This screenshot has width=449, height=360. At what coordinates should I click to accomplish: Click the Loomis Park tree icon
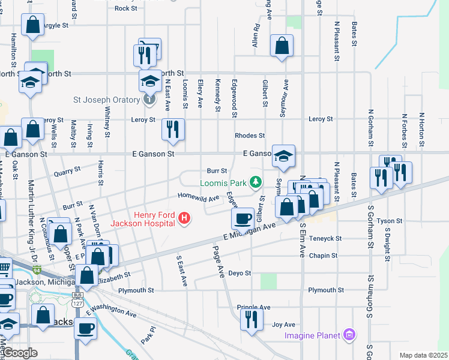(256, 181)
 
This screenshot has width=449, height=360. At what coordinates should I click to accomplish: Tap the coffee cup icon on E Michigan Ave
(243, 218)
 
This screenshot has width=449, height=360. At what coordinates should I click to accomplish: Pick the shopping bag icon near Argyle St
(32, 25)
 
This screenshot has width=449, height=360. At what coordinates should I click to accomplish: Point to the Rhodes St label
(250, 136)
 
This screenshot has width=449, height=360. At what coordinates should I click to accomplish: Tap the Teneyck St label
(324, 238)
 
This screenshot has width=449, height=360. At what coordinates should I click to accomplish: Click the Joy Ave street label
(284, 324)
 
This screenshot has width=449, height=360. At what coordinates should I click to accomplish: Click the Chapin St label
(323, 256)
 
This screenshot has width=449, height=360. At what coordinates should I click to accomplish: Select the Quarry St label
(67, 170)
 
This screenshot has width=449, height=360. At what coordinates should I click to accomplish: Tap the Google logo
(20, 353)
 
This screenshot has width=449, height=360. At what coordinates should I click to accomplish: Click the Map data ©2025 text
(423, 355)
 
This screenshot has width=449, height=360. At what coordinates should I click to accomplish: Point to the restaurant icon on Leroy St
(173, 129)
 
